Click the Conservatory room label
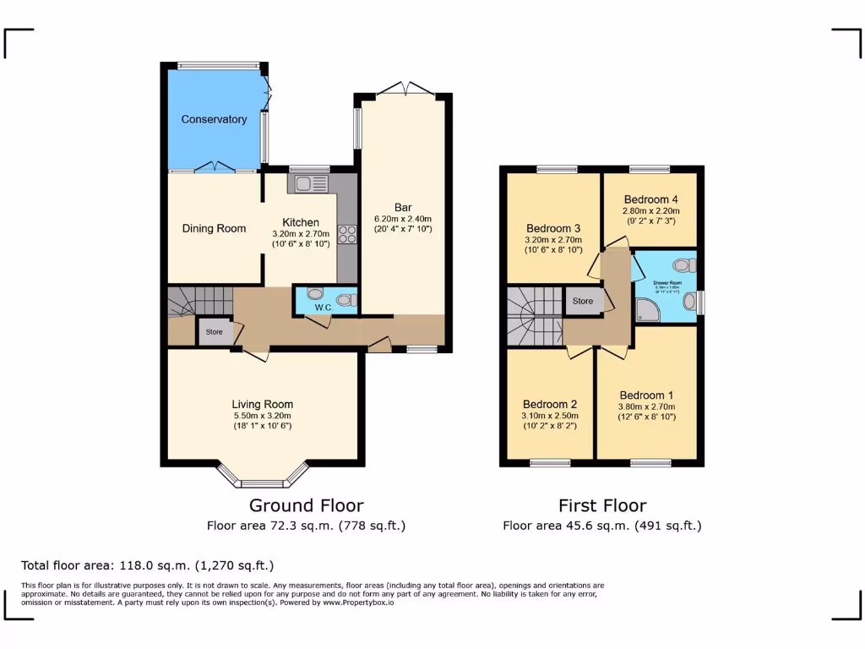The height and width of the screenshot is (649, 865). click(x=214, y=119)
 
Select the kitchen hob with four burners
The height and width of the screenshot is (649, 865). click(x=346, y=234)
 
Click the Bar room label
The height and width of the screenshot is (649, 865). click(x=403, y=207)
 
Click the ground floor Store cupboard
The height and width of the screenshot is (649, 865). click(x=215, y=332)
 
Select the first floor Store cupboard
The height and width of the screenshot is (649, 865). click(x=583, y=301)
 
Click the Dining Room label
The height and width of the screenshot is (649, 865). click(x=215, y=228)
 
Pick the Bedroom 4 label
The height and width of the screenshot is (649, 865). click(x=650, y=199)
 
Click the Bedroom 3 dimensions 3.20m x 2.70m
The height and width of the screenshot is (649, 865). click(x=553, y=239)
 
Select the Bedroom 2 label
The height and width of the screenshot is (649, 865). click(x=550, y=403)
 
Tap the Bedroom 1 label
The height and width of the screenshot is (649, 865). click(x=647, y=395)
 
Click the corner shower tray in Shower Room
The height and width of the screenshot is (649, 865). click(x=649, y=310)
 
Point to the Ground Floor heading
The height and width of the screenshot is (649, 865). click(x=306, y=505)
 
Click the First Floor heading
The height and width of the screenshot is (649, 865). click(x=602, y=505)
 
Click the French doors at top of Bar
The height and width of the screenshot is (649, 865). click(x=404, y=88)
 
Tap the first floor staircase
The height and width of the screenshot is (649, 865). click(x=534, y=316)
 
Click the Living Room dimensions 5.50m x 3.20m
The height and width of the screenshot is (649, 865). click(x=262, y=415)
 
